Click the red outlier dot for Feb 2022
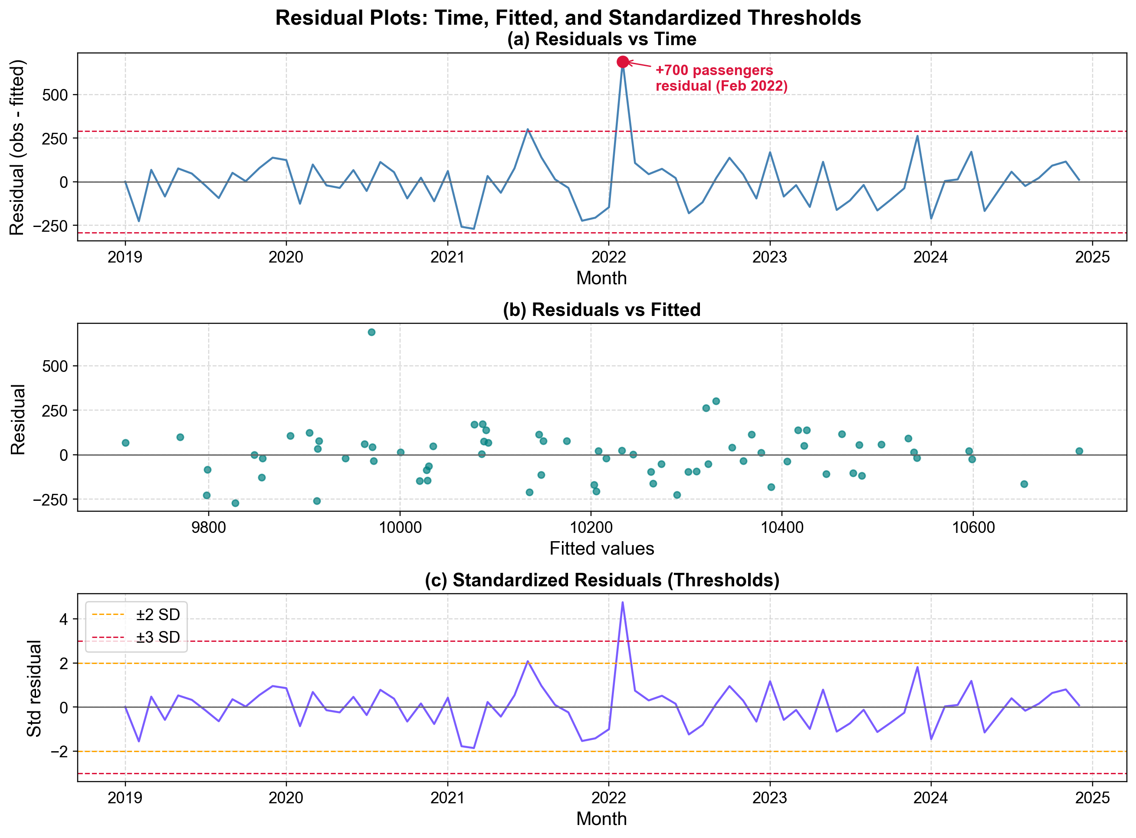click(x=623, y=62)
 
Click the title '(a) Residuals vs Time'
click(x=601, y=39)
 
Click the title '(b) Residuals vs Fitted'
click(x=601, y=309)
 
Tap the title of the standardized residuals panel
click(x=601, y=580)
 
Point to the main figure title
click(x=568, y=18)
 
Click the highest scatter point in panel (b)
click(x=371, y=332)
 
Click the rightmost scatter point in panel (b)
click(x=1079, y=451)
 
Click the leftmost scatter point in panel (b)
click(x=125, y=443)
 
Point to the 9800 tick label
click(x=208, y=528)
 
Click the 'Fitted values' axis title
click(x=601, y=549)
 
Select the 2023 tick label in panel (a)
click(x=769, y=257)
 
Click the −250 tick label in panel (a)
click(x=50, y=226)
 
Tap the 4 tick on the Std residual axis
click(x=64, y=619)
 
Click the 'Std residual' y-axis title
click(x=34, y=688)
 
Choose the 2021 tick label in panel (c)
click(x=447, y=798)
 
